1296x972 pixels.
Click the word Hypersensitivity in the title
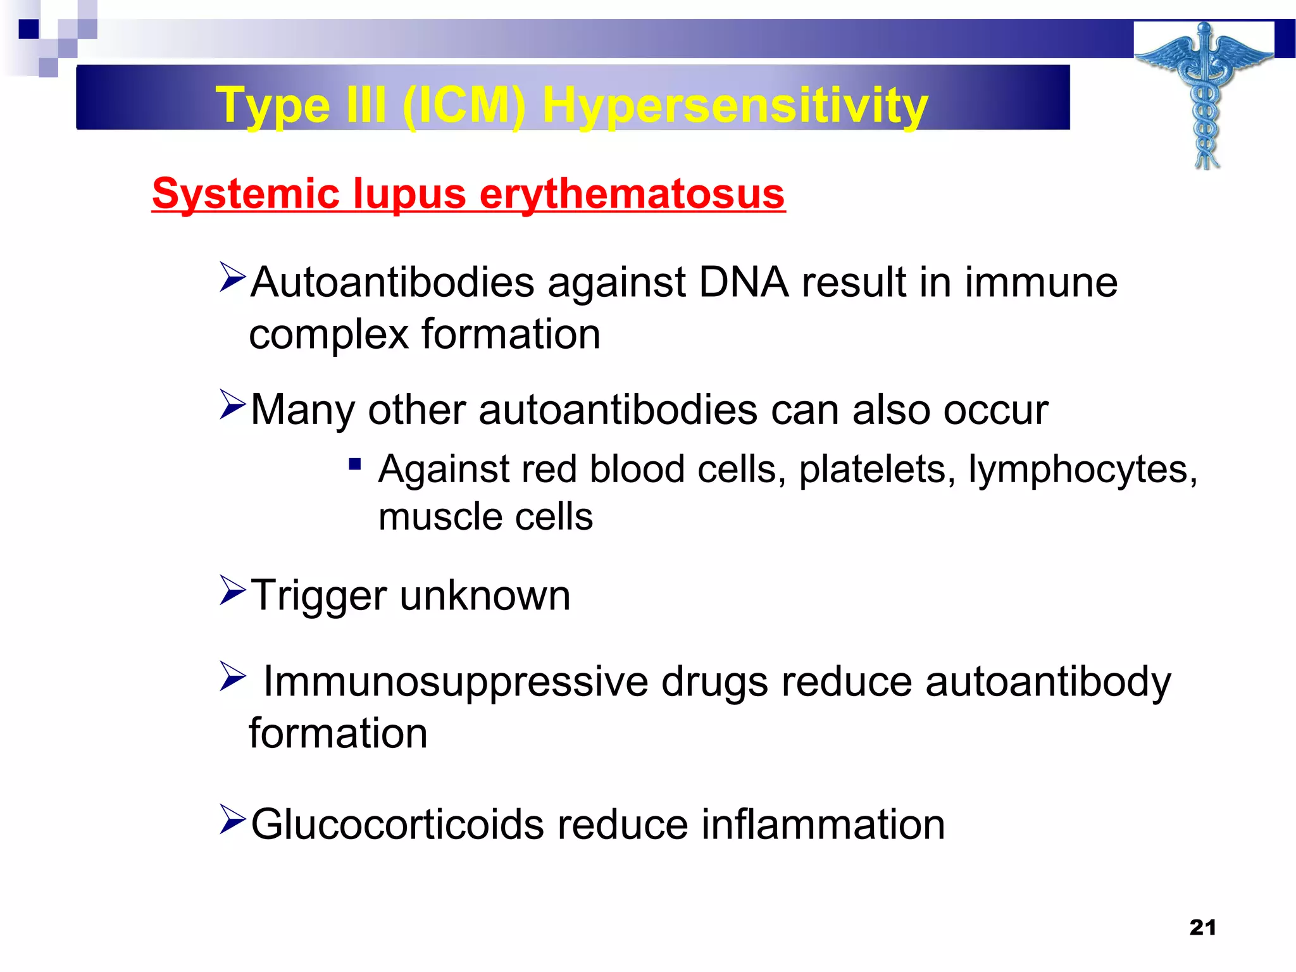(735, 105)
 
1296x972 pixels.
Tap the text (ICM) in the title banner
(463, 105)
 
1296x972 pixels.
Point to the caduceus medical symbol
(1205, 95)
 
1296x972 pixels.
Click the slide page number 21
(1202, 927)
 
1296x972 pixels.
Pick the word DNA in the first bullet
(743, 282)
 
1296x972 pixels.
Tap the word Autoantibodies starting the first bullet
(392, 282)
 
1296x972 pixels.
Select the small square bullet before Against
(354, 465)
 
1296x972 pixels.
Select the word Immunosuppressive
(456, 682)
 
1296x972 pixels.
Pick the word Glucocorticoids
(397, 825)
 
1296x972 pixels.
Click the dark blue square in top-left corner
(28, 29)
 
